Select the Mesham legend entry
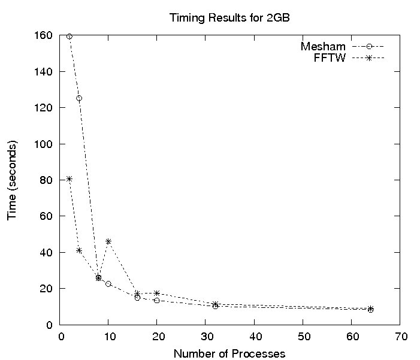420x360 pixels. (324, 46)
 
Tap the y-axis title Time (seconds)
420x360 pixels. (12, 180)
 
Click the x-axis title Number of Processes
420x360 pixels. (229, 353)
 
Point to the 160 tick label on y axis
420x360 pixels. (44, 35)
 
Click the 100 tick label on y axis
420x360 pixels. (44, 144)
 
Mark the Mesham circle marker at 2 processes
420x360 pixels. (70, 37)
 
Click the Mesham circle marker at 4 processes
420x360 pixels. (79, 98)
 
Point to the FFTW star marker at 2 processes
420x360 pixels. (70, 179)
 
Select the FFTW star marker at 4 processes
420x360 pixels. (79, 250)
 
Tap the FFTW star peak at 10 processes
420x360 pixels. (108, 241)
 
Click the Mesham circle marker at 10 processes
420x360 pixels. (108, 284)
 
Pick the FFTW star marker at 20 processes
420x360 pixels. (157, 293)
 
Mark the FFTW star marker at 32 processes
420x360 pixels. (215, 304)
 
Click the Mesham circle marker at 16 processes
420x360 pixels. (137, 298)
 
